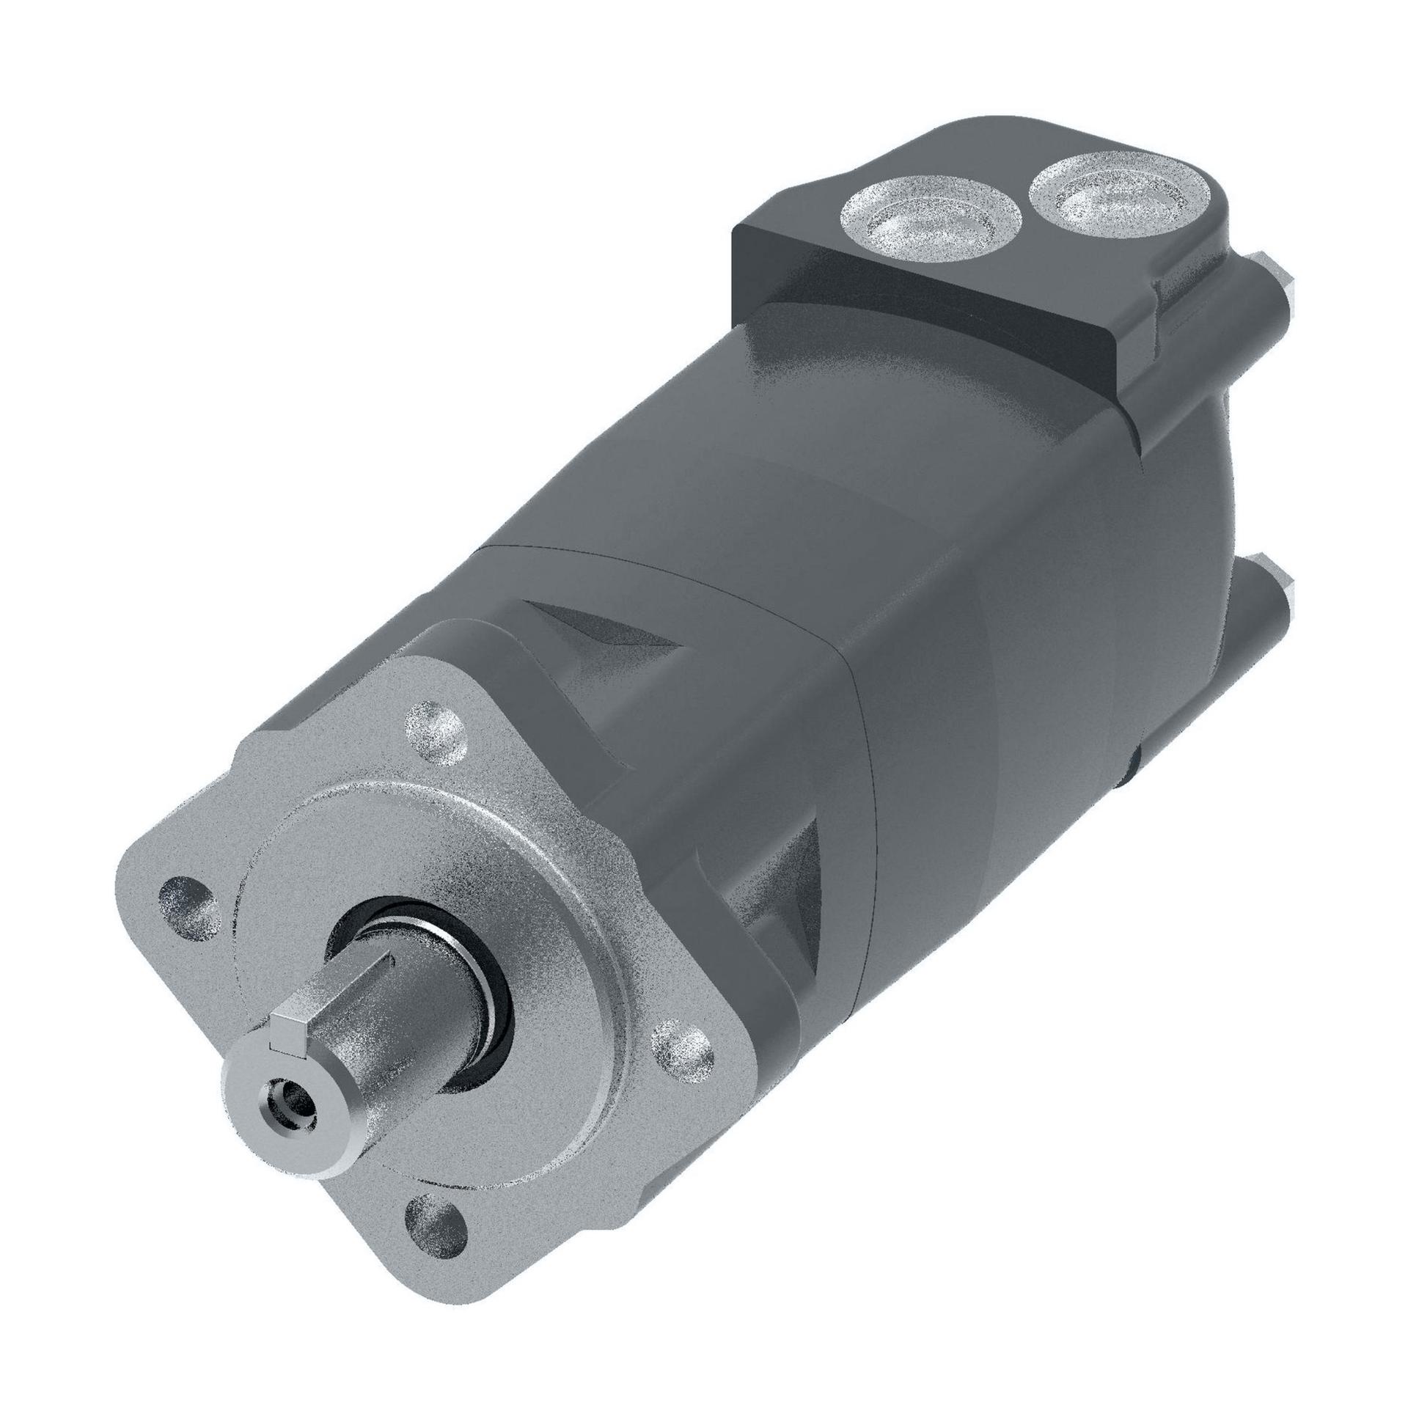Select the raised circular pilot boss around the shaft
[x=514, y=881]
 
